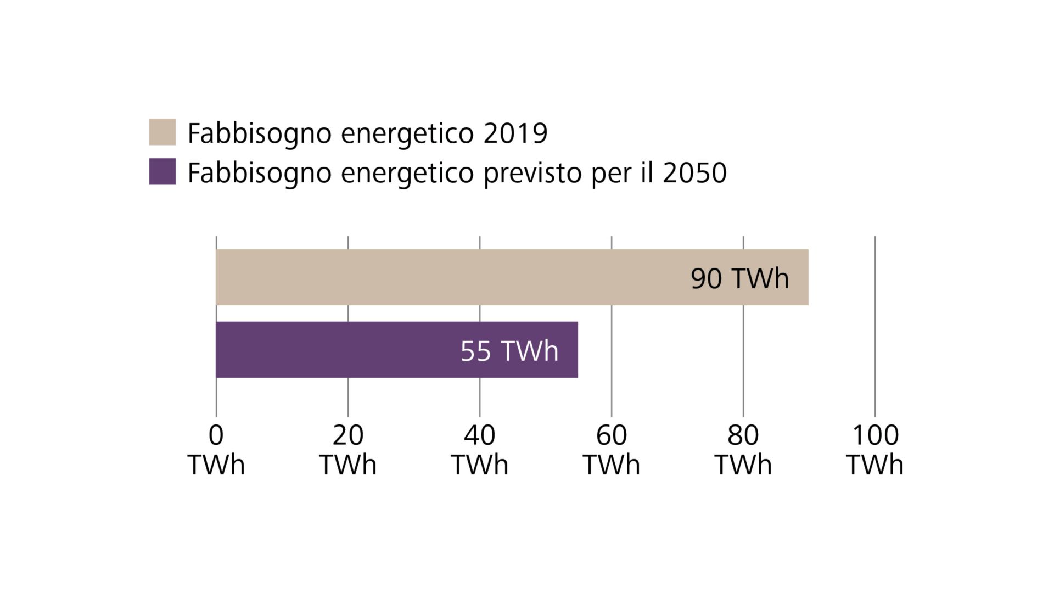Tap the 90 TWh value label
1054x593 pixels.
coord(739,278)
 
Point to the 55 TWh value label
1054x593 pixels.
coord(509,351)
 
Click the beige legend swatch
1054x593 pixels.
coord(162,132)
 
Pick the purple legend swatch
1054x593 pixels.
coord(162,171)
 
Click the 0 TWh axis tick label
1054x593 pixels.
coord(216,450)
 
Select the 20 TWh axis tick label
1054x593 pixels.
coord(347,450)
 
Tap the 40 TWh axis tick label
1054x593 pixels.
coord(479,450)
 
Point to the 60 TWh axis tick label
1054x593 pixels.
coord(611,450)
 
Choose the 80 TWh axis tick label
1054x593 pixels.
coord(743,450)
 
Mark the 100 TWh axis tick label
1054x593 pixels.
coord(874,450)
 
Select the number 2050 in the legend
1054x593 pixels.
coord(694,173)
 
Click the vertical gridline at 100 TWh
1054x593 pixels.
coord(874,329)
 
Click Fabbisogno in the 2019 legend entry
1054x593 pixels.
coord(259,133)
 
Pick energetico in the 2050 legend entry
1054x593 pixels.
coord(407,173)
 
